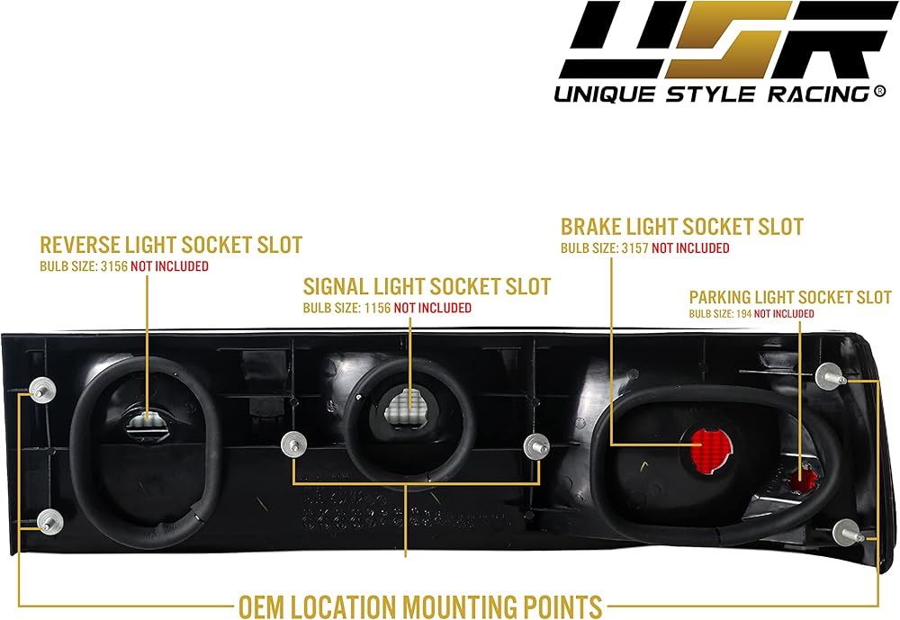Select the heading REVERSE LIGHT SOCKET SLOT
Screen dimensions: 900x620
tap(171, 245)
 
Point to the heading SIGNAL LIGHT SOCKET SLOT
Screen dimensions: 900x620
tap(427, 286)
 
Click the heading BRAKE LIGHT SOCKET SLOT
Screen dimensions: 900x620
tap(682, 227)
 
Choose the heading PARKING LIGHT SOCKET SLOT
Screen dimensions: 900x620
tap(790, 297)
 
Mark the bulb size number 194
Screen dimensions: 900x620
tap(742, 313)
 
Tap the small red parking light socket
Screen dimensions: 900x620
tap(800, 481)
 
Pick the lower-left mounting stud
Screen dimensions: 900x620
tap(50, 519)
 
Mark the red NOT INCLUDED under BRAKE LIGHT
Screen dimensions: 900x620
tap(690, 248)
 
